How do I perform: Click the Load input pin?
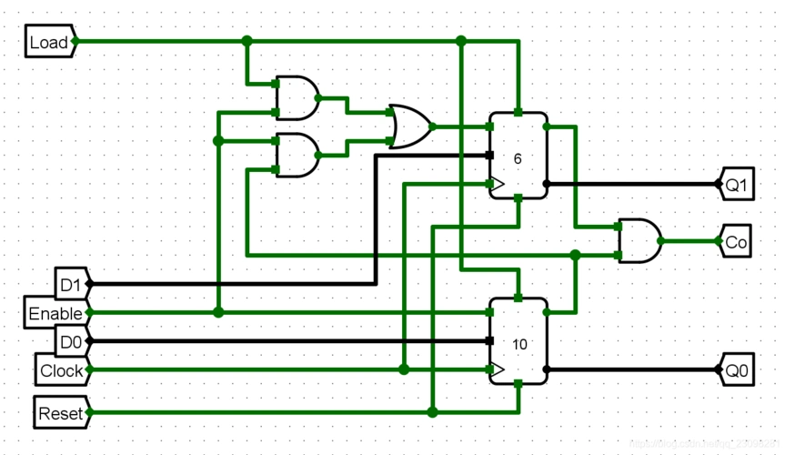coord(49,41)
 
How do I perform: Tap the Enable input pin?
coord(55,312)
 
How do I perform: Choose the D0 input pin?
coord(70,341)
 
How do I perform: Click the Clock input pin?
coord(62,370)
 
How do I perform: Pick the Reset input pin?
coord(61,412)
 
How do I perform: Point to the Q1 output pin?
coord(735,184)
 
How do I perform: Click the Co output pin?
coord(736,241)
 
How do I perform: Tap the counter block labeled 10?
coord(518,341)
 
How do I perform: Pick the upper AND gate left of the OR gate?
coord(297,98)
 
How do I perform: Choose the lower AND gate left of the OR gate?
coord(297,156)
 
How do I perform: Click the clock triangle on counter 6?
coord(497,184)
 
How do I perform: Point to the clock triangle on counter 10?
coord(497,369)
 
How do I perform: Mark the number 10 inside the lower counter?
coord(519,344)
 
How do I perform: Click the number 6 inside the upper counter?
coord(518,158)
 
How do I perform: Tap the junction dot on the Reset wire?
coord(432,412)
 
